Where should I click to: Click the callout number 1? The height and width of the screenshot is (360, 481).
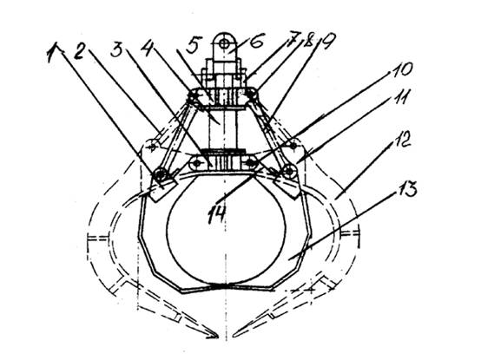[53, 53]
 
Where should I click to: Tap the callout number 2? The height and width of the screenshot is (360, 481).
[79, 51]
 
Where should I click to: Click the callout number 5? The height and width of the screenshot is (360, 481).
[194, 45]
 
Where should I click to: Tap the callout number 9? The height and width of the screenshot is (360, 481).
[328, 40]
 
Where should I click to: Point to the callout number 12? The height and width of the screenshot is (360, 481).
[399, 141]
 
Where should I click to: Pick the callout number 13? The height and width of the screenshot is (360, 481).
[406, 189]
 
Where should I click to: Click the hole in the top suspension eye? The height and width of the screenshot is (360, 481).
[226, 44]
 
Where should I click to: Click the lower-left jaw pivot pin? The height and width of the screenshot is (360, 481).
[160, 175]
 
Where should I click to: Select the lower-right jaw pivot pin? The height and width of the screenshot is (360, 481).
[289, 171]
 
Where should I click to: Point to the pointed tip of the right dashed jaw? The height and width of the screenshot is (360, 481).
[234, 336]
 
